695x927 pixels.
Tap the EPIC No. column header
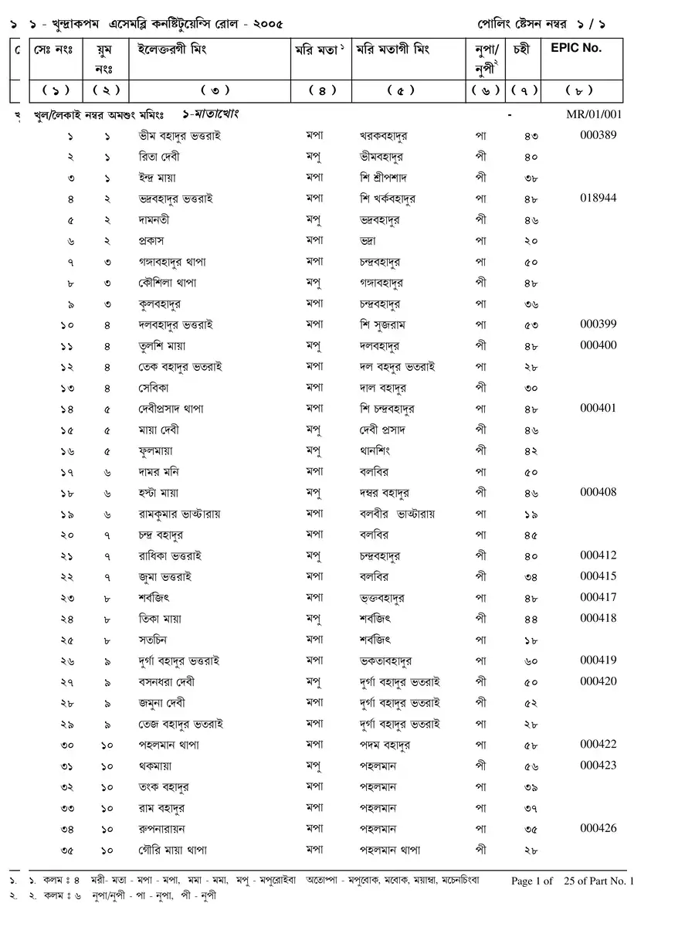(576, 48)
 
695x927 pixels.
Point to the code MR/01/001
(594, 114)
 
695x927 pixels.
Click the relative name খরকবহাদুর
(384, 136)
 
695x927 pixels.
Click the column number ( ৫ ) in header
(410, 90)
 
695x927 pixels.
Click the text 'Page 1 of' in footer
(532, 881)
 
